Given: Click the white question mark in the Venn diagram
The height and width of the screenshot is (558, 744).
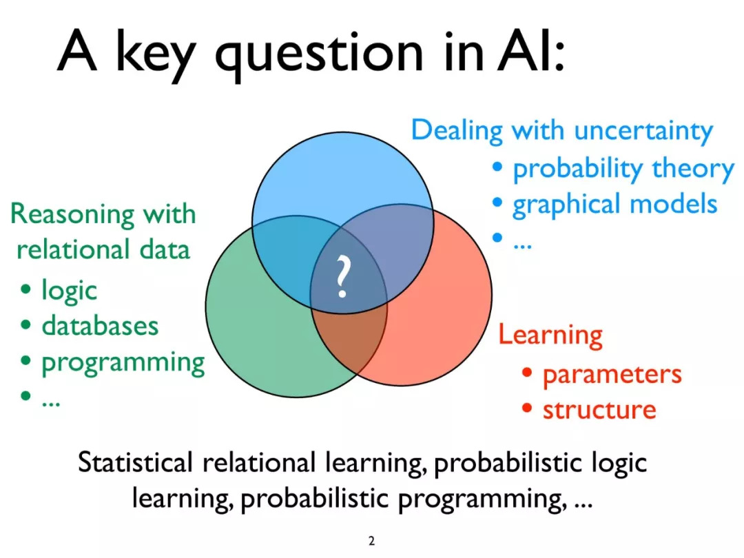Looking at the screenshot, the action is (342, 277).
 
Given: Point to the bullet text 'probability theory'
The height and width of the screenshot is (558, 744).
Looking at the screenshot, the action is (623, 169).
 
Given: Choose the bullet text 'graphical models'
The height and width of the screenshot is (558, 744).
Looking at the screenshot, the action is (615, 205).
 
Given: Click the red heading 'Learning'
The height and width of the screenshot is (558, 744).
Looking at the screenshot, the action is (550, 335).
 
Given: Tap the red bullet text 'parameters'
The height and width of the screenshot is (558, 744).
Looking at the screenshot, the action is (612, 375).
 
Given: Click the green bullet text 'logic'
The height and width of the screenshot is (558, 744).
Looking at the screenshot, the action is (70, 291).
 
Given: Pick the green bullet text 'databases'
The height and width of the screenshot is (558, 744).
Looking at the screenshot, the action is (100, 325).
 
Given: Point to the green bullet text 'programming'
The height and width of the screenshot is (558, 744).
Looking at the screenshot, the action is (123, 363).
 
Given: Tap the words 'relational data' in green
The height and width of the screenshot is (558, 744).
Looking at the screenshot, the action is (103, 249).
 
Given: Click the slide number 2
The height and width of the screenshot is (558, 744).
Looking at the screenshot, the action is (371, 541).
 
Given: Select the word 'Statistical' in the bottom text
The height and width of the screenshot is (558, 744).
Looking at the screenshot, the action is (135, 462).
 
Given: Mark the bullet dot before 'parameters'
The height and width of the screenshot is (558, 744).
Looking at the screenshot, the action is (527, 373).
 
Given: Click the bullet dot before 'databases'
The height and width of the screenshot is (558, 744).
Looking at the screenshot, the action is (25, 325).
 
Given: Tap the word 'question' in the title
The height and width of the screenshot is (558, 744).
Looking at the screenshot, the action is (319, 56).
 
